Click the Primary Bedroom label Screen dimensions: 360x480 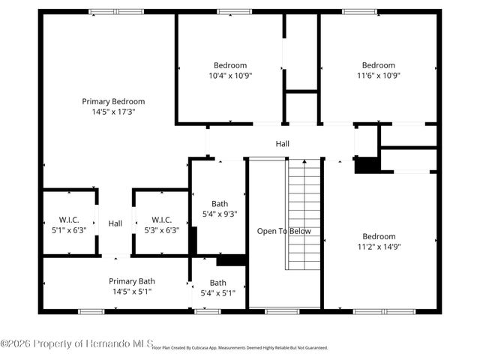click(113, 101)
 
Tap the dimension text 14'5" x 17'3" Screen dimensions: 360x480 click(113, 112)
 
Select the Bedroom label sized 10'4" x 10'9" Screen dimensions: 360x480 click(229, 65)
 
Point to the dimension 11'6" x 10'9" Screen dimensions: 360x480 click(378, 76)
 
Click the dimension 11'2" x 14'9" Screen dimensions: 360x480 click(378, 246)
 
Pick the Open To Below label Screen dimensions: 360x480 click(283, 231)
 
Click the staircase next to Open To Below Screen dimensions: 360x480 click(304, 214)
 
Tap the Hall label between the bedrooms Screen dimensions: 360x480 click(282, 144)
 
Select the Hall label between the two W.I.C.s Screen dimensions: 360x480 click(115, 223)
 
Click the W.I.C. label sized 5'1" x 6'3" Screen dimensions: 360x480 click(68, 220)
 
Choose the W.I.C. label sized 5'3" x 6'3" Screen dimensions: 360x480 click(161, 220)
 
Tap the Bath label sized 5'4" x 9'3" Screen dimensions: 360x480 click(220, 203)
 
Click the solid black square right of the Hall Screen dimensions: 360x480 click(365, 166)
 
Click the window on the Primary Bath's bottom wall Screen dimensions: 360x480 click(91, 311)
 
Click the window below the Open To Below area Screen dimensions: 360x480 click(282, 311)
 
